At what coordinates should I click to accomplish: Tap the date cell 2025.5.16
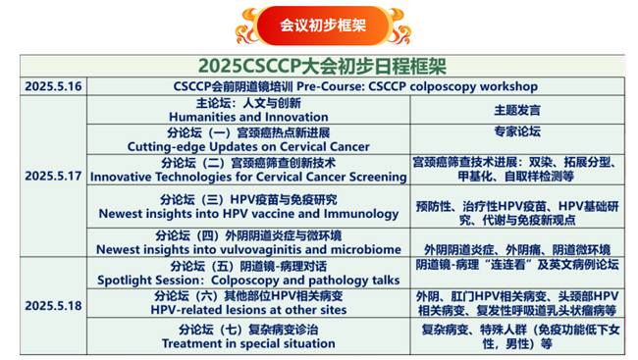tap(54, 86)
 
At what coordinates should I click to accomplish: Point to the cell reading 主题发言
tap(516, 111)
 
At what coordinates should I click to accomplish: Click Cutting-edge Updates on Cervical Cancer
tap(248, 147)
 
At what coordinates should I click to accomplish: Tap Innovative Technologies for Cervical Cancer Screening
tap(248, 178)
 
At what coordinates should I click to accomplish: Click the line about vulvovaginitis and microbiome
tap(248, 249)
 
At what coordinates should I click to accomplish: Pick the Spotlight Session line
tap(248, 280)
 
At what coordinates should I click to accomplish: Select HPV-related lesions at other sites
tap(248, 309)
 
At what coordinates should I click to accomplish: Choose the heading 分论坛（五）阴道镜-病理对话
tap(248, 266)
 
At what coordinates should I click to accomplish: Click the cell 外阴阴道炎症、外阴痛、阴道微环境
tap(516, 249)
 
